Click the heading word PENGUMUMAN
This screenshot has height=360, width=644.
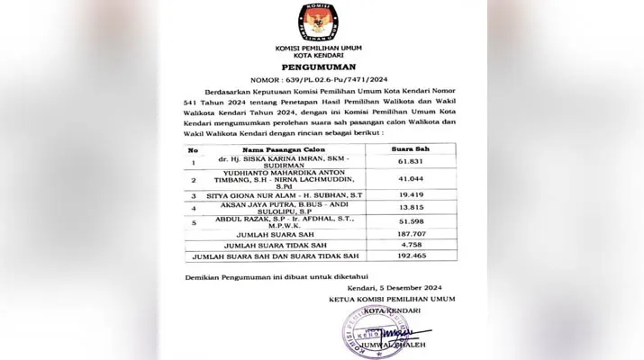click(x=322, y=67)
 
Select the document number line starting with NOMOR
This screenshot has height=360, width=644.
click(x=322, y=80)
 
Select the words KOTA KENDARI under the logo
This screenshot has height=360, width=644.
click(x=322, y=51)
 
